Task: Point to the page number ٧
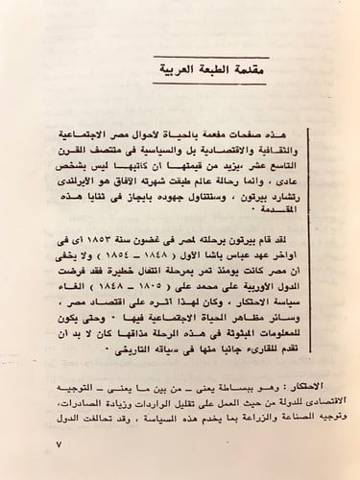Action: (59, 446)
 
